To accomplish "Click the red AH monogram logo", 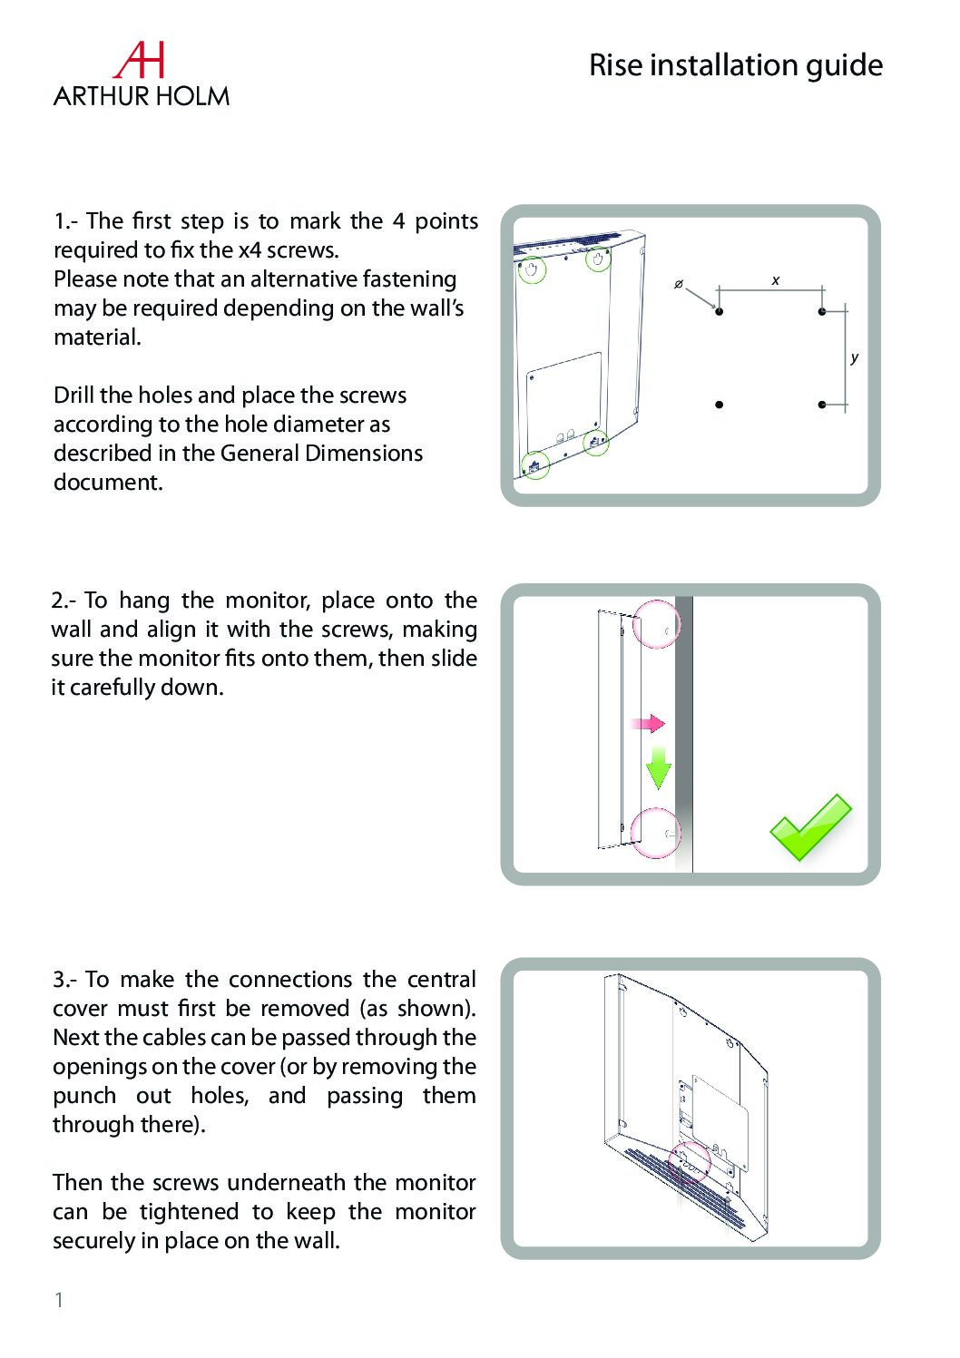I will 139,60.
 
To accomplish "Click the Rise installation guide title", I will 735,65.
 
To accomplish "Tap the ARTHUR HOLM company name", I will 141,96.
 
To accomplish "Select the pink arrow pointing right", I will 648,723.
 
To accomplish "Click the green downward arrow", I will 658,767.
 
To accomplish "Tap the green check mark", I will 809,826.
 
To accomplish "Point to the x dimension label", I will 775,281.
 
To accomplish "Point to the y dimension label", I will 854,357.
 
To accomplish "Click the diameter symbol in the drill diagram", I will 677,285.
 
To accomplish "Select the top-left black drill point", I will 719,312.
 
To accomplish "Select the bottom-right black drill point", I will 821,405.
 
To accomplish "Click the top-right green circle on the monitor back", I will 597,259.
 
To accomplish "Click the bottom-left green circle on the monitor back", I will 534,465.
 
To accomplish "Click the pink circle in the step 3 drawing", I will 690,1164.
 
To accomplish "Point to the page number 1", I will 59,1300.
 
